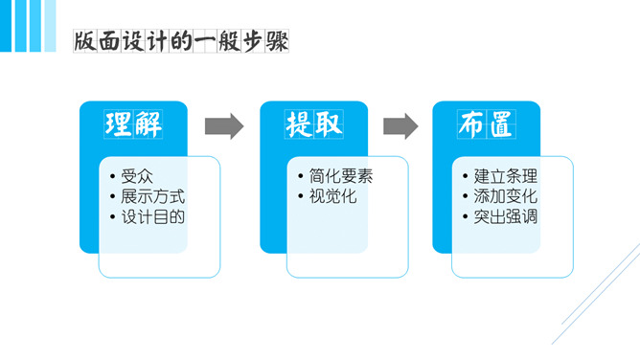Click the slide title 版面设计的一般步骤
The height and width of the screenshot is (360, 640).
pos(181,42)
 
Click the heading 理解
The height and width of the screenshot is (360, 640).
pos(133,124)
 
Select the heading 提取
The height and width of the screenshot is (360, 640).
pos(313,124)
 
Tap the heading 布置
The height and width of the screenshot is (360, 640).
pos(486,124)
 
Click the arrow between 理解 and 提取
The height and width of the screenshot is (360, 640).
pos(223,125)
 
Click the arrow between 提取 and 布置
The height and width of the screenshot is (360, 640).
pos(400,125)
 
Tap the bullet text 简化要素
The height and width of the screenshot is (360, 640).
pos(341,176)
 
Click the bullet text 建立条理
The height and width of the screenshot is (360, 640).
pos(505,176)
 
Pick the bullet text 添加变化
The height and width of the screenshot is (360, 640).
pos(505,196)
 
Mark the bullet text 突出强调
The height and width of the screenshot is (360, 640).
pos(505,216)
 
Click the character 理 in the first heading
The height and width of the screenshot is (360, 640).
pos(119,124)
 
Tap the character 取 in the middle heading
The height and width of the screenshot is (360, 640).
pos(328,124)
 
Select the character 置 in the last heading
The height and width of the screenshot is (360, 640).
pos(500,124)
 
